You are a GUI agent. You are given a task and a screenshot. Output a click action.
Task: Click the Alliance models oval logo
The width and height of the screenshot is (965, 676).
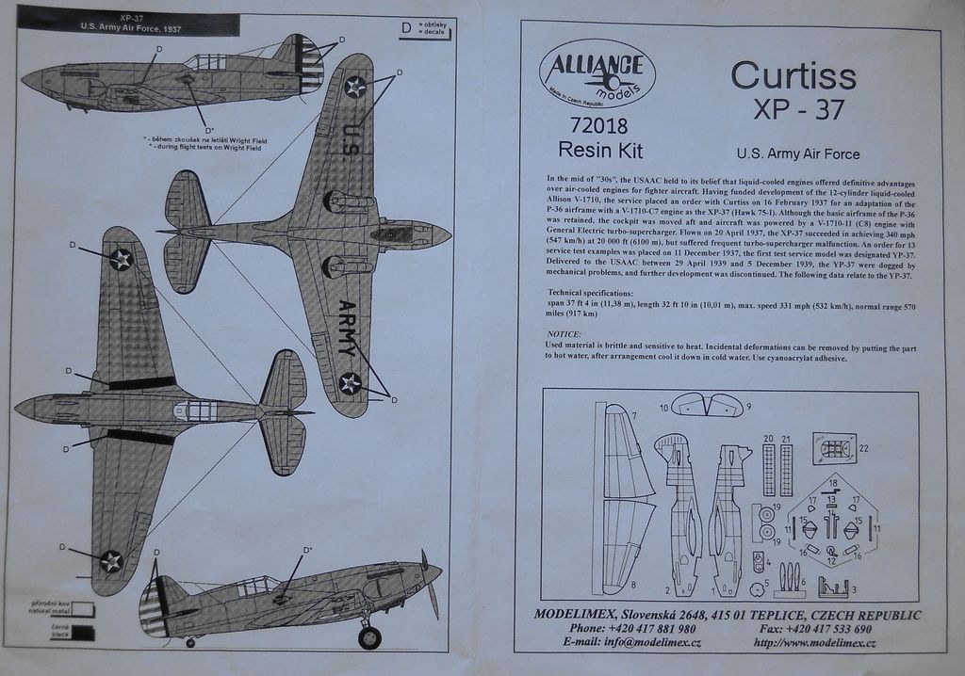pyautogui.click(x=597, y=73)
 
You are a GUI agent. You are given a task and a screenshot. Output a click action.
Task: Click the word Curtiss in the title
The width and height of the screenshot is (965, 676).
pyautogui.click(x=793, y=74)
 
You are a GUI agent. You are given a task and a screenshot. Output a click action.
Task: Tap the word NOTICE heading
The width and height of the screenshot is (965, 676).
pyautogui.click(x=564, y=334)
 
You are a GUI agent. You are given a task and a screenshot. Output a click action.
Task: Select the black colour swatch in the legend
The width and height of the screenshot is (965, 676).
pyautogui.click(x=82, y=633)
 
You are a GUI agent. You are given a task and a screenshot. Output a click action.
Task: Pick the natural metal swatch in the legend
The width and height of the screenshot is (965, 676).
pyautogui.click(x=82, y=608)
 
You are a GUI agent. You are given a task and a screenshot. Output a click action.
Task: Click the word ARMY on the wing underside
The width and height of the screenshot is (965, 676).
pyautogui.click(x=348, y=327)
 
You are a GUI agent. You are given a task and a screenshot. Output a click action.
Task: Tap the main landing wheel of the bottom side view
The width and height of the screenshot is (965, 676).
pyautogui.click(x=369, y=637)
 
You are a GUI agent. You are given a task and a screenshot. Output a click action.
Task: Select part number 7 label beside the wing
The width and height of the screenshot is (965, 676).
pyautogui.click(x=634, y=415)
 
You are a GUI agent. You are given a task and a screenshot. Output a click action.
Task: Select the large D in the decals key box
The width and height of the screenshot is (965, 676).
pyautogui.click(x=406, y=28)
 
